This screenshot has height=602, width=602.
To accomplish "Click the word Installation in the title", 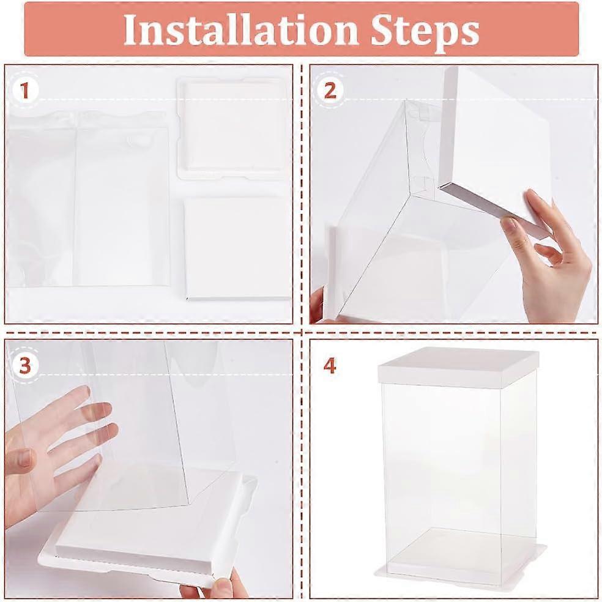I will (x=239, y=29).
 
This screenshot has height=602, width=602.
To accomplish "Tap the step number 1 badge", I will (x=25, y=91).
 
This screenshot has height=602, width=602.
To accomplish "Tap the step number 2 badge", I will (x=330, y=91).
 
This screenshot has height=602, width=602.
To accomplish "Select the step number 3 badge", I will (x=25, y=366).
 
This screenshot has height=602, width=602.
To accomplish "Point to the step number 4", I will (x=330, y=366).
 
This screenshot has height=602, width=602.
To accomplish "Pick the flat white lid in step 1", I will (x=237, y=247).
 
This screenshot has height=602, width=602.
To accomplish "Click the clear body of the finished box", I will (x=459, y=465).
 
